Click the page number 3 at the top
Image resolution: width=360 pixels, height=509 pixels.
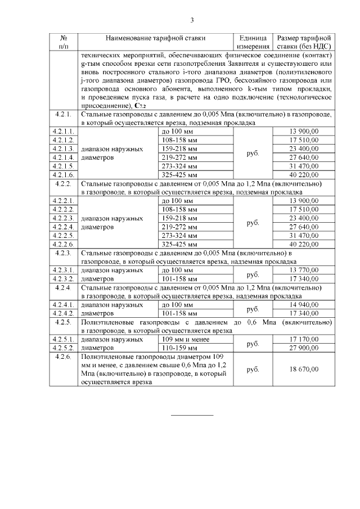pyautogui.click(x=192, y=21)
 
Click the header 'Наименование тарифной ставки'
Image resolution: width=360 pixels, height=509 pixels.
pyautogui.click(x=155, y=38)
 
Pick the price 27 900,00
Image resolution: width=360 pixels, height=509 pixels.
pyautogui.click(x=304, y=348)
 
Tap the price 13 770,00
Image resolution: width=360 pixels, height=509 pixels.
pyautogui.click(x=304, y=271)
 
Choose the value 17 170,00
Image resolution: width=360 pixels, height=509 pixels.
pyautogui.click(x=304, y=340)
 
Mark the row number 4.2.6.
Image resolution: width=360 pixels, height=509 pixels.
pyautogui.click(x=64, y=357)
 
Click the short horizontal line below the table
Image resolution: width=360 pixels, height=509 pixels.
pyautogui.click(x=192, y=416)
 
